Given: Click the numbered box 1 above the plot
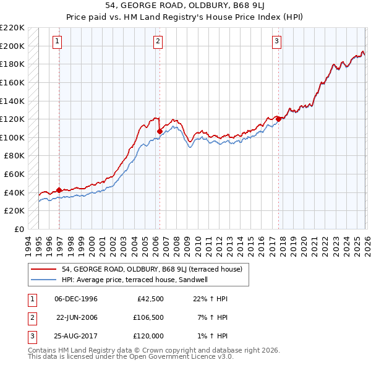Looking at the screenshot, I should click(x=57, y=41).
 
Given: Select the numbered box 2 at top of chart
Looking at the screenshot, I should click(x=158, y=41).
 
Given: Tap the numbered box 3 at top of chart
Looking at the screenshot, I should click(x=276, y=41).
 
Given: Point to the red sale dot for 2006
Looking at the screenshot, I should click(x=160, y=131).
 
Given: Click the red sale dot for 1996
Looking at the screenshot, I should click(x=59, y=190).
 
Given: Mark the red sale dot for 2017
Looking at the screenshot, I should click(x=278, y=119).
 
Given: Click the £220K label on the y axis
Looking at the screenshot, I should click(x=12, y=28).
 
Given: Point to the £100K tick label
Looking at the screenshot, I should click(x=12, y=137).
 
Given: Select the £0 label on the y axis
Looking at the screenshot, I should click(x=18, y=229).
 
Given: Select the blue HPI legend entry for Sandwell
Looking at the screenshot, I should click(x=137, y=280).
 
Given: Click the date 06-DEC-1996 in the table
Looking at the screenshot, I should click(x=75, y=299).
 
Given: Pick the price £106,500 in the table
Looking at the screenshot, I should click(x=148, y=317).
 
